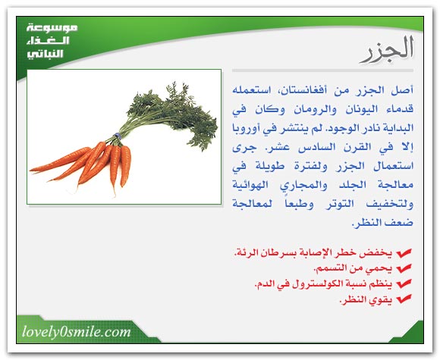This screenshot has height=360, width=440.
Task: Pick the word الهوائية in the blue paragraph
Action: click(x=250, y=185)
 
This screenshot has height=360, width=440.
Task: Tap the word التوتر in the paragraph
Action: click(x=340, y=204)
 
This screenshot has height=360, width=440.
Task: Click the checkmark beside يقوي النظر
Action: click(x=404, y=299)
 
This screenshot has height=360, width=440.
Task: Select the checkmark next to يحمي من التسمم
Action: click(x=404, y=268)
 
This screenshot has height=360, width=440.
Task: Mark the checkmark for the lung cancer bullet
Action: click(x=404, y=253)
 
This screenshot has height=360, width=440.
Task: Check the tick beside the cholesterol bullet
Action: click(x=404, y=284)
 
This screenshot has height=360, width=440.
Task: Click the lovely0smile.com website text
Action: click(x=77, y=332)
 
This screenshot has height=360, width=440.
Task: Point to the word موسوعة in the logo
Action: click(x=52, y=28)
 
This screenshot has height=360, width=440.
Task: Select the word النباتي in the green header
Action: click(x=46, y=54)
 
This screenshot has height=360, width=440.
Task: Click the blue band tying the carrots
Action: click(x=117, y=136)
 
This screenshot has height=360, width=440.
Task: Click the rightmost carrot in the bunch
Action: click(x=125, y=165)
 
